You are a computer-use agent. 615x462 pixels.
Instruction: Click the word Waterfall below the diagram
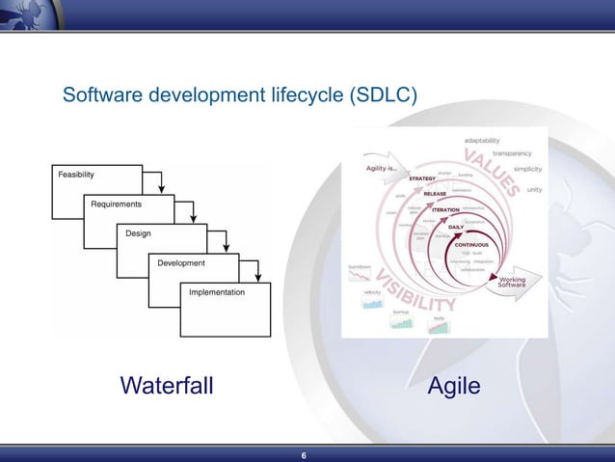tap(167, 387)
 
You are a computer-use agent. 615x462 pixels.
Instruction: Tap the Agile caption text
tap(454, 387)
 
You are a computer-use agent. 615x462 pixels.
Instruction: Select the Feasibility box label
tap(76, 175)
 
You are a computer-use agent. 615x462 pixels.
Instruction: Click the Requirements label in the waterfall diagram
tap(116, 204)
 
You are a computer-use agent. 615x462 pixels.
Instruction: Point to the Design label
tap(138, 233)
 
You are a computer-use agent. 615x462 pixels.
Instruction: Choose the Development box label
tap(181, 262)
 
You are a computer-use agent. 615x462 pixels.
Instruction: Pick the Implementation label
tap(216, 291)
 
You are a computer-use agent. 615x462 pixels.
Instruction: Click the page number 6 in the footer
tap(304, 455)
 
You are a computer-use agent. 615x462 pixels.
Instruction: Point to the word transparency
tap(512, 153)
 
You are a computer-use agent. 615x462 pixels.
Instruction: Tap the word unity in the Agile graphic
tap(534, 189)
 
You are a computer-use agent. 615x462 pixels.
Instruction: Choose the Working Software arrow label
tap(512, 284)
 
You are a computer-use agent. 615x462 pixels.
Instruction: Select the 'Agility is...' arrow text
tap(382, 170)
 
